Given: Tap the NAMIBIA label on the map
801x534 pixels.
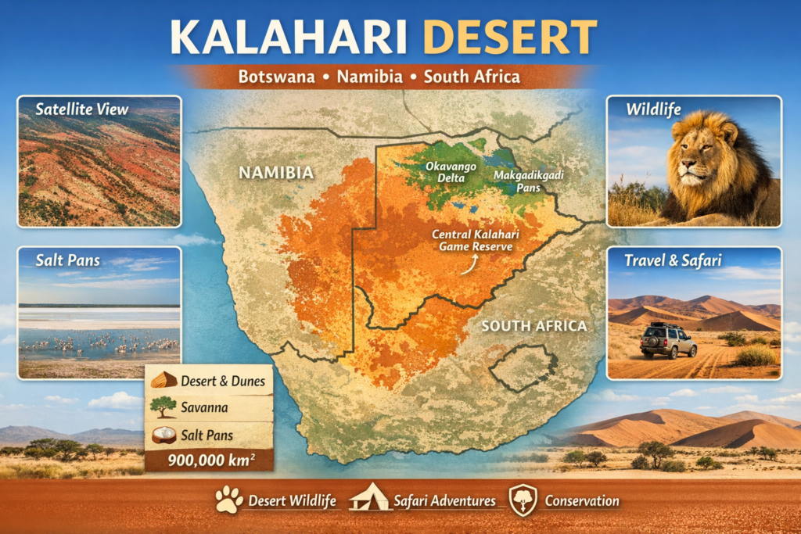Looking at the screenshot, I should pyautogui.click(x=276, y=172).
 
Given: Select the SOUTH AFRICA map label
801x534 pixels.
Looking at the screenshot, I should pyautogui.click(x=533, y=325).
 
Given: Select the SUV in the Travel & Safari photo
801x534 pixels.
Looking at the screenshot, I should pyautogui.click(x=667, y=341).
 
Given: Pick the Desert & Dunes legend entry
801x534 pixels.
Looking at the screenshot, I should pyautogui.click(x=209, y=382).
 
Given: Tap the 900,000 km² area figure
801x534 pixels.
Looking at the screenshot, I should pyautogui.click(x=209, y=459).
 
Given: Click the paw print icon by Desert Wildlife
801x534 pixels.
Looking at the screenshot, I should pyautogui.click(x=229, y=500).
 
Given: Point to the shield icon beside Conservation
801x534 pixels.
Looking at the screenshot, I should pyautogui.click(x=522, y=500).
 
